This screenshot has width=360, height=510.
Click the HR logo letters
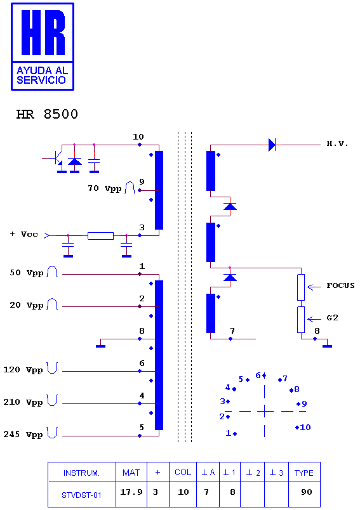pyautogui.click(x=43, y=32)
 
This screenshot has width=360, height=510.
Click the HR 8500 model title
pyautogui.click(x=47, y=114)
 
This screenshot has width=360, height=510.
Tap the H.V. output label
pyautogui.click(x=337, y=144)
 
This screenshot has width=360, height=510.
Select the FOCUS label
pyautogui.click(x=340, y=285)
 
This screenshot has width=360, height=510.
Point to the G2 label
pyautogui.click(x=332, y=318)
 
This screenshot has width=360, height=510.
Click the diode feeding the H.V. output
pyautogui.click(x=272, y=145)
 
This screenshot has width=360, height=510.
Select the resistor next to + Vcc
pyautogui.click(x=100, y=236)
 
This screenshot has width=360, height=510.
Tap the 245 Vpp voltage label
pyautogui.click(x=23, y=435)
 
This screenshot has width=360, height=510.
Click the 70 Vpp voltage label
pyautogui.click(x=105, y=188)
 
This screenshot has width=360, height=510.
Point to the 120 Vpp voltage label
pyautogui.click(x=23, y=370)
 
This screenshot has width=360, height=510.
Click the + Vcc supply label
pyautogui.click(x=23, y=234)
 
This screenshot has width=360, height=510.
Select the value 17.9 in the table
pyautogui.click(x=131, y=492)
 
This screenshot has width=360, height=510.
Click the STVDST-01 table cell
pyautogui.click(x=81, y=495)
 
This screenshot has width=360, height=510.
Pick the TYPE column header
pyautogui.click(x=304, y=473)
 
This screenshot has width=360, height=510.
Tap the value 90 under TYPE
pyautogui.click(x=307, y=492)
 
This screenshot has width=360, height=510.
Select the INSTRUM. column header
pyautogui.click(x=81, y=473)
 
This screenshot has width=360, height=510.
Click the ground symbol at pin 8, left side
pyautogui.click(x=100, y=346)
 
